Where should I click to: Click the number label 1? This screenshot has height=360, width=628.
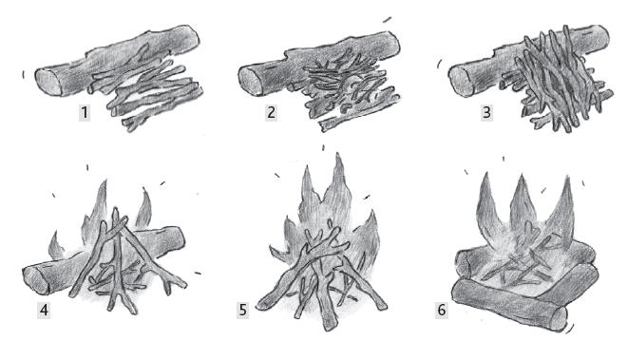pos(85,113)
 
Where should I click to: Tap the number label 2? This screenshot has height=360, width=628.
pos(271,112)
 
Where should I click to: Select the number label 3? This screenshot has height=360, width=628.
pos(486,112)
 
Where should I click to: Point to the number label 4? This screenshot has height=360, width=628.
pos(44,311)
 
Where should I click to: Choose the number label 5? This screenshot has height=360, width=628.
pos(242,311)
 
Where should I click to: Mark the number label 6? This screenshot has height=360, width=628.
pos(442,311)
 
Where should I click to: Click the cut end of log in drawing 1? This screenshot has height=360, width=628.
pos(48,82)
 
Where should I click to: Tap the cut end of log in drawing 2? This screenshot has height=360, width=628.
pos(250,82)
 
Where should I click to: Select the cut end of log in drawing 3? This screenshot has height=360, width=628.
pos(461,82)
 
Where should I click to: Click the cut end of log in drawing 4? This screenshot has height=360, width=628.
pos(36,279)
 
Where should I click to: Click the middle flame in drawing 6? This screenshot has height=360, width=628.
pos(522,200)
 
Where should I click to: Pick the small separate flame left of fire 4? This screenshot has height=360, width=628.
pos(56,245)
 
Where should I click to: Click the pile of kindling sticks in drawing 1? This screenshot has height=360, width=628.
pos(149,94)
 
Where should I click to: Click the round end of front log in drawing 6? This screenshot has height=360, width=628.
pos(558,318)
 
